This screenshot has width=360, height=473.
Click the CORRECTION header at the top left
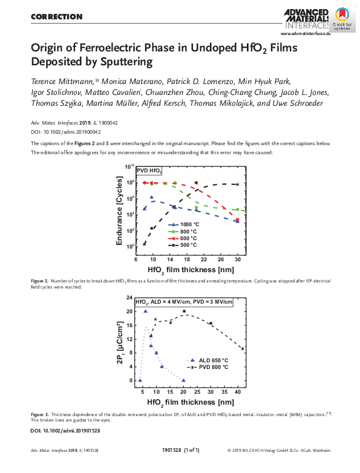click(56, 17)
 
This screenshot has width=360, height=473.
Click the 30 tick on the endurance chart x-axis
click(237, 258)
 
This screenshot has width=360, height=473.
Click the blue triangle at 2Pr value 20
click(146, 312)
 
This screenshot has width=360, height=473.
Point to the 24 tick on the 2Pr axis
click(129, 298)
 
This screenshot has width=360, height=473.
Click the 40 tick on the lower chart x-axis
click(238, 393)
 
